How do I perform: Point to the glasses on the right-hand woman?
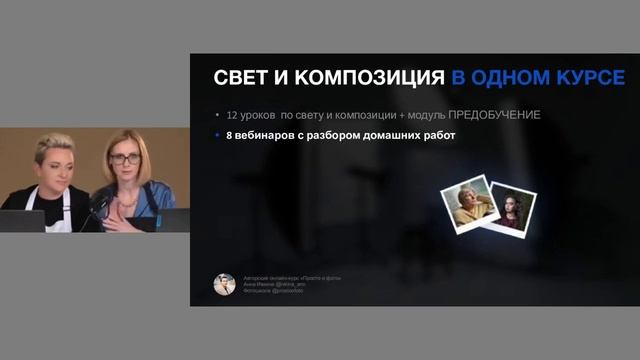(126, 159)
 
